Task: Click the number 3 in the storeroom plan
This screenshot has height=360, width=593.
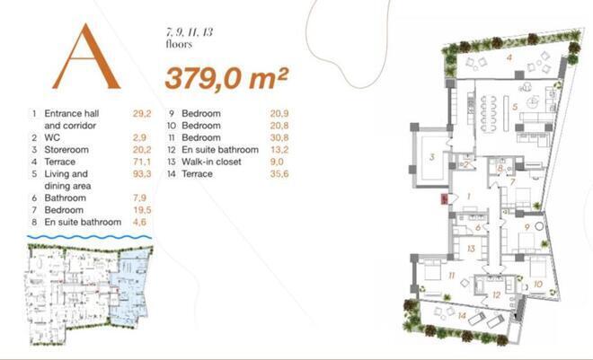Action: point(432,157)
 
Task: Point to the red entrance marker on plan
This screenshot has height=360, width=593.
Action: point(441,200)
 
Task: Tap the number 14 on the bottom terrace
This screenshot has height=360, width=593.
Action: point(461,315)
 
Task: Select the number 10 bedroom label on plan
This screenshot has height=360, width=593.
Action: point(536,284)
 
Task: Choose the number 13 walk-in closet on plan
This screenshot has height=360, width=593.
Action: point(470,248)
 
